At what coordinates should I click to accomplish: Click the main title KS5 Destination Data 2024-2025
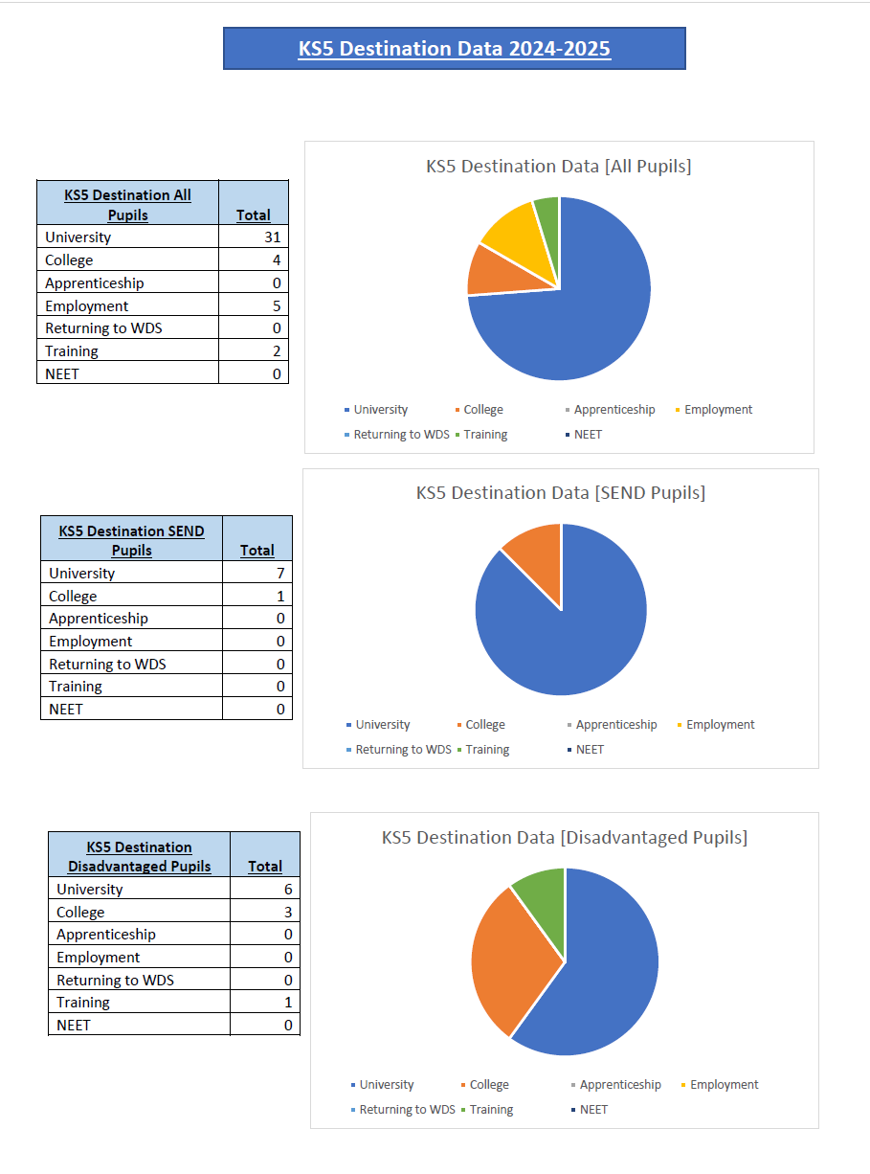point(454,49)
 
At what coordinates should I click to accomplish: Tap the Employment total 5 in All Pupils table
point(276,306)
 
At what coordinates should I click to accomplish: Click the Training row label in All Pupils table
point(72,351)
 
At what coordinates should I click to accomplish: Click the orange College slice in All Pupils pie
point(485,269)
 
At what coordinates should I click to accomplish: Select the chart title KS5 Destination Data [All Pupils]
point(558,167)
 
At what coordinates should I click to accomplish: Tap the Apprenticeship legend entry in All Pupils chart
point(613,410)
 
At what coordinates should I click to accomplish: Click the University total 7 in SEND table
point(279,574)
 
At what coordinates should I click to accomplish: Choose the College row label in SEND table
point(73,597)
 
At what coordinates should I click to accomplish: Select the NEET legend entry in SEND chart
point(590,750)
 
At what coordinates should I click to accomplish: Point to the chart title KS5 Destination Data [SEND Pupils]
point(560,493)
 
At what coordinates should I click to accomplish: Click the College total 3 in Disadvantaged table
point(287,913)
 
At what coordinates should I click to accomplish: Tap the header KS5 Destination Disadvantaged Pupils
point(140,856)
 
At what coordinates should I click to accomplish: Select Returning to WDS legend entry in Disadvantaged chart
point(405,1110)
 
